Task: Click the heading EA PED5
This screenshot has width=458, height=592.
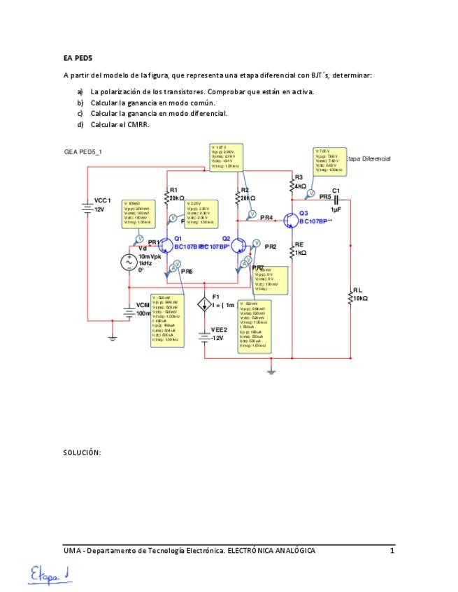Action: tap(78, 58)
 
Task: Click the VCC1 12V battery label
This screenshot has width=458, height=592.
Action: tap(102, 205)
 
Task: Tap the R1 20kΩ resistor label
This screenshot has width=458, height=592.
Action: tap(175, 194)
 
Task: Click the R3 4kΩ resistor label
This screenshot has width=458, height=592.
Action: tap(300, 182)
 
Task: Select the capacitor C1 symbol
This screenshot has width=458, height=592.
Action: tap(336, 200)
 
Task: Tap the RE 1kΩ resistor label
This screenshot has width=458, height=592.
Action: tap(300, 249)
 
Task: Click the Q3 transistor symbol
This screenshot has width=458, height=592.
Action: tap(290, 221)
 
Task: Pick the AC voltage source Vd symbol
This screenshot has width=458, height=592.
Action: tap(129, 263)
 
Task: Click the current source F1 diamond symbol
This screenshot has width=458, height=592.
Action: tap(204, 304)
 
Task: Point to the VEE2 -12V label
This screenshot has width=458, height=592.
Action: tap(217, 334)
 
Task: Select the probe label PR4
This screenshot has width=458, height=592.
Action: tap(266, 218)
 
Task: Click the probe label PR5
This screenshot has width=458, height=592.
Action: tap(325, 197)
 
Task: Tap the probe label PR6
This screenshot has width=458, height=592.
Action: tap(186, 271)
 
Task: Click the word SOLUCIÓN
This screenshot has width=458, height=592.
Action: tap(82, 452)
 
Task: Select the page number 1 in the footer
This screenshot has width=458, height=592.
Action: tap(392, 551)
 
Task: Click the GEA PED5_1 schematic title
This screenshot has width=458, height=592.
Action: tap(83, 151)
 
